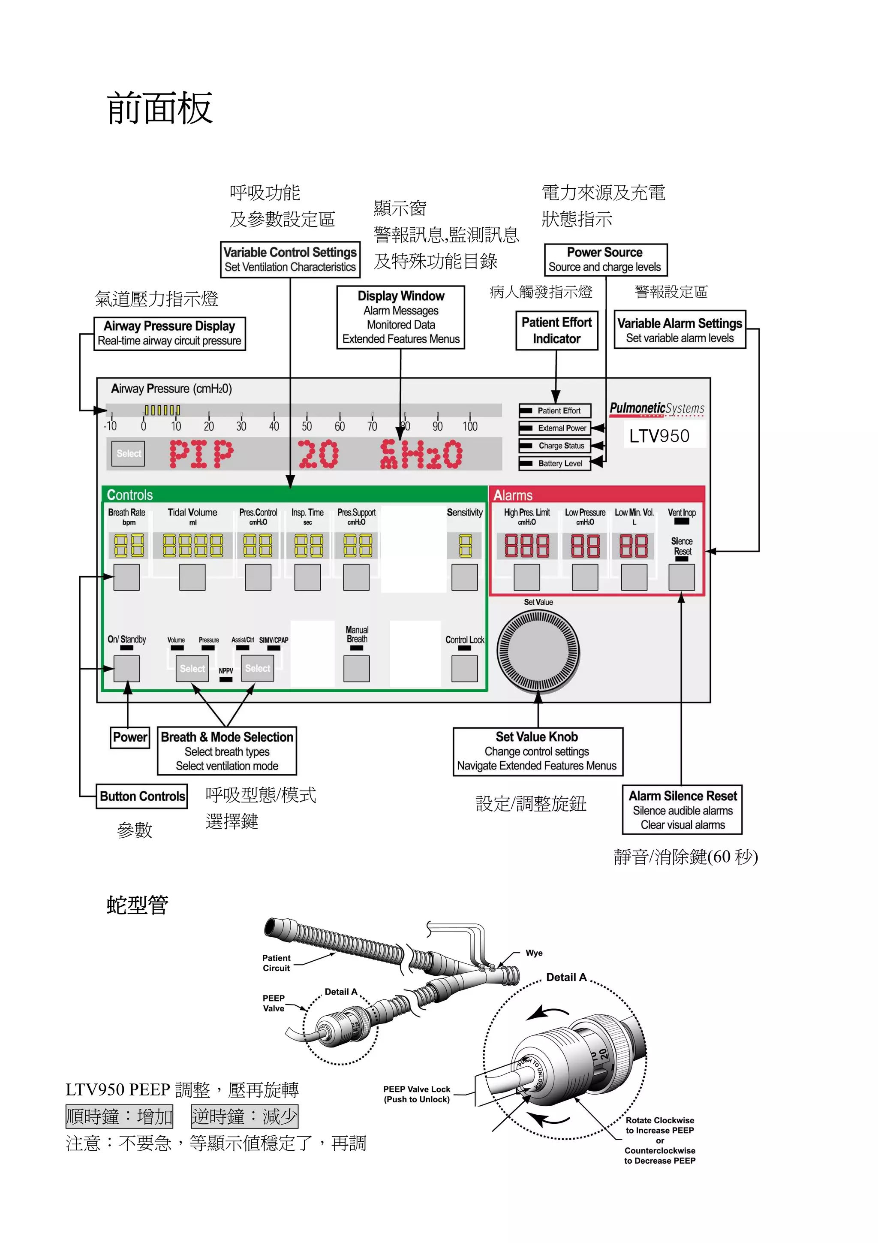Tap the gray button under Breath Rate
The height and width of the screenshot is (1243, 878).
click(x=126, y=577)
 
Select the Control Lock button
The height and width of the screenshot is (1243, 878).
click(x=464, y=669)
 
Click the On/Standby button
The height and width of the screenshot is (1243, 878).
click(x=126, y=669)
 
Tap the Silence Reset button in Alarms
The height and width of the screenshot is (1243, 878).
click(x=682, y=577)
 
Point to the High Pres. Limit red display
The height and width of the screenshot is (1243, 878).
click(x=526, y=546)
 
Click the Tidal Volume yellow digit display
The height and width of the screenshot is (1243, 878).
click(x=192, y=546)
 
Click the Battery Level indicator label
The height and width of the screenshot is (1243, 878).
click(x=554, y=463)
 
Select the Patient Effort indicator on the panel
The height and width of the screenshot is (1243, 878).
click(x=554, y=410)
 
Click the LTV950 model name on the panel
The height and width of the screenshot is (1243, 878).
click(x=659, y=436)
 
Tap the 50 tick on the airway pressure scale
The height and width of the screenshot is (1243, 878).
click(x=307, y=426)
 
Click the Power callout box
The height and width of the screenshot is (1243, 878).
click(x=130, y=737)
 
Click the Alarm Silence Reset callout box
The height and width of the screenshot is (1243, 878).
click(x=682, y=810)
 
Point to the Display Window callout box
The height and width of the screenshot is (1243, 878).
click(x=401, y=317)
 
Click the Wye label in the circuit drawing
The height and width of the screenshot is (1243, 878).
click(x=534, y=953)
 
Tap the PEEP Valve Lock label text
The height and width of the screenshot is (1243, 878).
click(x=417, y=1094)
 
